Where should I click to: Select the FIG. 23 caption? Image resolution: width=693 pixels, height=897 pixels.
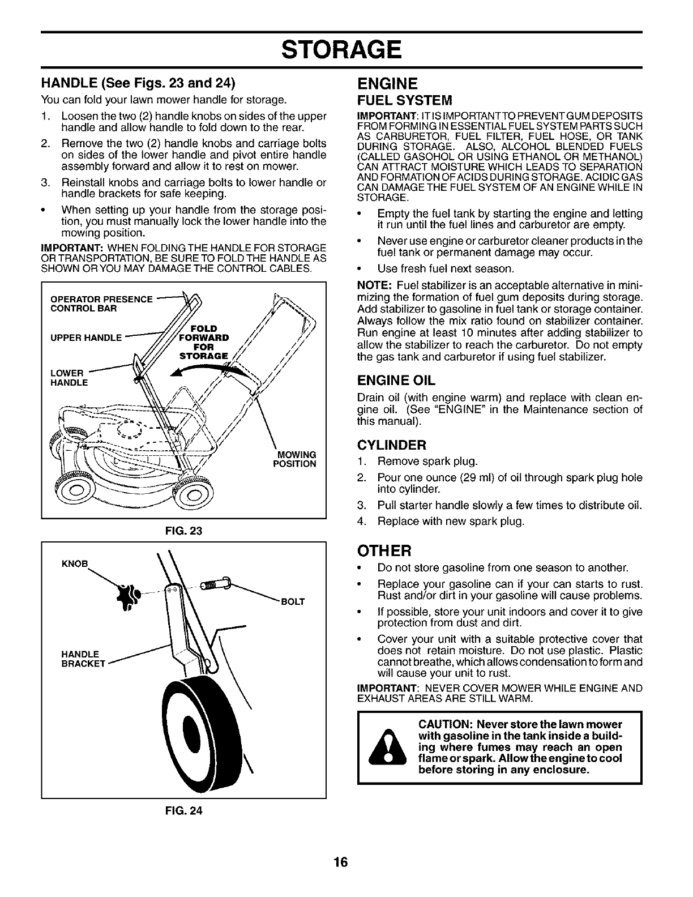pos(183,531)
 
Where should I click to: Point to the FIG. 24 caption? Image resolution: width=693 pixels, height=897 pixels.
pos(183,810)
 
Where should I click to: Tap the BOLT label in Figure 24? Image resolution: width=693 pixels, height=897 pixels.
pos(293,601)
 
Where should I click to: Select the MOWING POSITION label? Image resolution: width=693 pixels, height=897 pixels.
pos(294,459)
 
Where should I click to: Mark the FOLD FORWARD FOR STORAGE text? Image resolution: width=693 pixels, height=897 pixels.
pos(203,342)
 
